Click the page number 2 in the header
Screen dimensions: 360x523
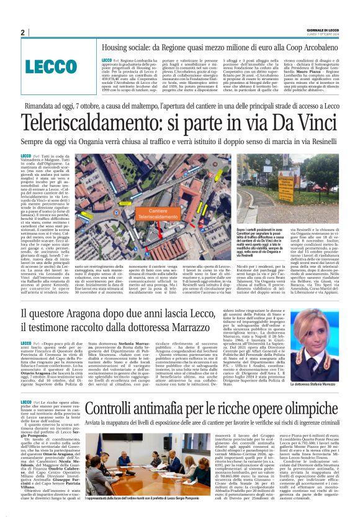(22, 32)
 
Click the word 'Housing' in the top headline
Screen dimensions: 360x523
(117, 47)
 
